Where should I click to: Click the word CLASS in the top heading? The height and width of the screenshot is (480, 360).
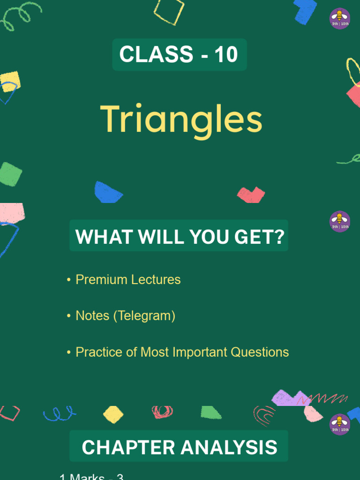click(156, 55)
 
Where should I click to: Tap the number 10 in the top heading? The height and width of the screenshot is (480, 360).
click(226, 55)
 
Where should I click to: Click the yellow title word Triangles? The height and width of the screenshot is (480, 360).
click(181, 120)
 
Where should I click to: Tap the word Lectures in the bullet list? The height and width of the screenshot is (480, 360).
click(156, 279)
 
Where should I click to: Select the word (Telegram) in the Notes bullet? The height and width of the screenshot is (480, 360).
click(144, 316)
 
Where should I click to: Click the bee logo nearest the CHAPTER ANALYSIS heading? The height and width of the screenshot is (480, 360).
click(340, 424)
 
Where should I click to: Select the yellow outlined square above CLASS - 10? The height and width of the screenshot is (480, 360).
click(169, 11)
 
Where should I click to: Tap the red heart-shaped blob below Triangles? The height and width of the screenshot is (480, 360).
click(251, 194)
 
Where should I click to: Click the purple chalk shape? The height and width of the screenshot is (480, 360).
click(289, 398)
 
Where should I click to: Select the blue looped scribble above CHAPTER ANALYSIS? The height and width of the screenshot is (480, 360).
click(59, 413)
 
